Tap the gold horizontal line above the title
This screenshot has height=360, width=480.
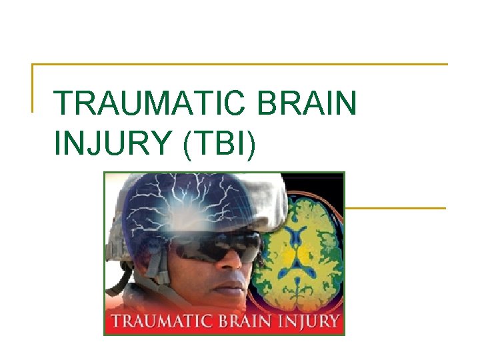pyautogui.click(x=240, y=65)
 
